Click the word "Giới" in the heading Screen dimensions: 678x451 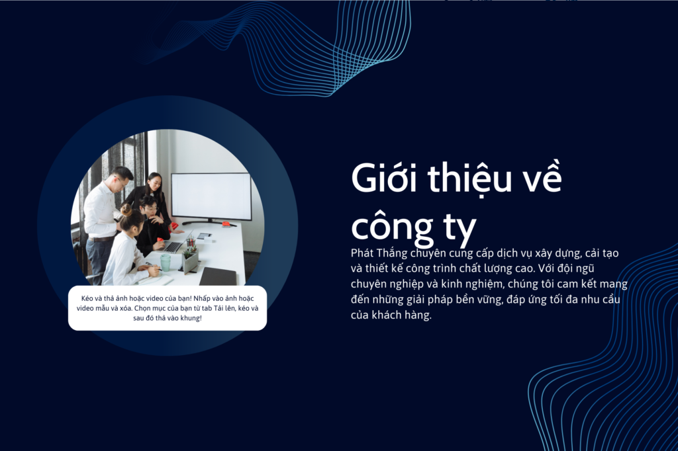384,177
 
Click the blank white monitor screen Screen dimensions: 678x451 211,196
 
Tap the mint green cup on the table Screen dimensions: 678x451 166,263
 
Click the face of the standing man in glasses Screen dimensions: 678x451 123,181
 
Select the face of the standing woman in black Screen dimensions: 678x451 155,185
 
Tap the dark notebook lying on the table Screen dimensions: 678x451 217,276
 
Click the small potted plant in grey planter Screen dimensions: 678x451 191,258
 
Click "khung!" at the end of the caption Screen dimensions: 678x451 191,318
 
